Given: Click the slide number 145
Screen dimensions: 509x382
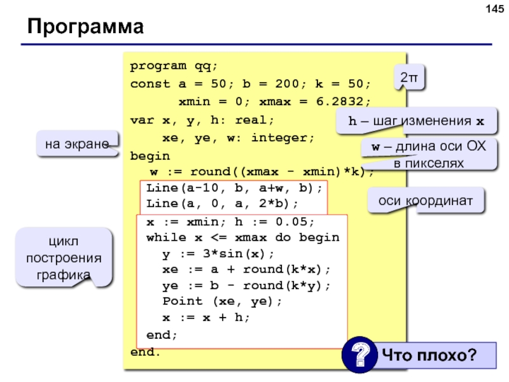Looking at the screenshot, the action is click(x=495, y=9).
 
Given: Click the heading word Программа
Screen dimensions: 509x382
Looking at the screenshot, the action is click(x=86, y=26).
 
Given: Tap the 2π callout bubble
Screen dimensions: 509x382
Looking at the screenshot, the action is click(x=409, y=77).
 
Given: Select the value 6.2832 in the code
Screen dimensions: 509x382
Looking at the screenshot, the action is click(x=340, y=102).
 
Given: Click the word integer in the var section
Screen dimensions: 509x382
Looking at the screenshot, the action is click(x=279, y=138).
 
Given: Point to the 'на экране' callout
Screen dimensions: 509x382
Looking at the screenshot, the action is click(x=77, y=144).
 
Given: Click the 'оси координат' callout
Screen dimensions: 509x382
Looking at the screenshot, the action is click(x=426, y=201).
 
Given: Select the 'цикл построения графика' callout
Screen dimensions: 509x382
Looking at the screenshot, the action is click(x=64, y=257).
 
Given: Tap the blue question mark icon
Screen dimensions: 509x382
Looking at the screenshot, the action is click(x=359, y=355).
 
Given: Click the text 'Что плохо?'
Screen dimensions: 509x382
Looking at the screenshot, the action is click(x=429, y=355).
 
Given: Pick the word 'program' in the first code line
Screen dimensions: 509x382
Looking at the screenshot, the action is click(x=158, y=66).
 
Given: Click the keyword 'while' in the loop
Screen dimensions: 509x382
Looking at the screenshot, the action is click(x=166, y=237).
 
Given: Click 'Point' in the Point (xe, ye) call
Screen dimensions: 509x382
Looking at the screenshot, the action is click(x=183, y=301).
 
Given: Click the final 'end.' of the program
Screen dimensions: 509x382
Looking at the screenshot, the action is click(x=146, y=352).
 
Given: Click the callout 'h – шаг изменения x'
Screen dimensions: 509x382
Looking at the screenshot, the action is click(x=417, y=121).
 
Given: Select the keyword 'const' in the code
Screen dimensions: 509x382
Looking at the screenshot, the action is click(x=150, y=84).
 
